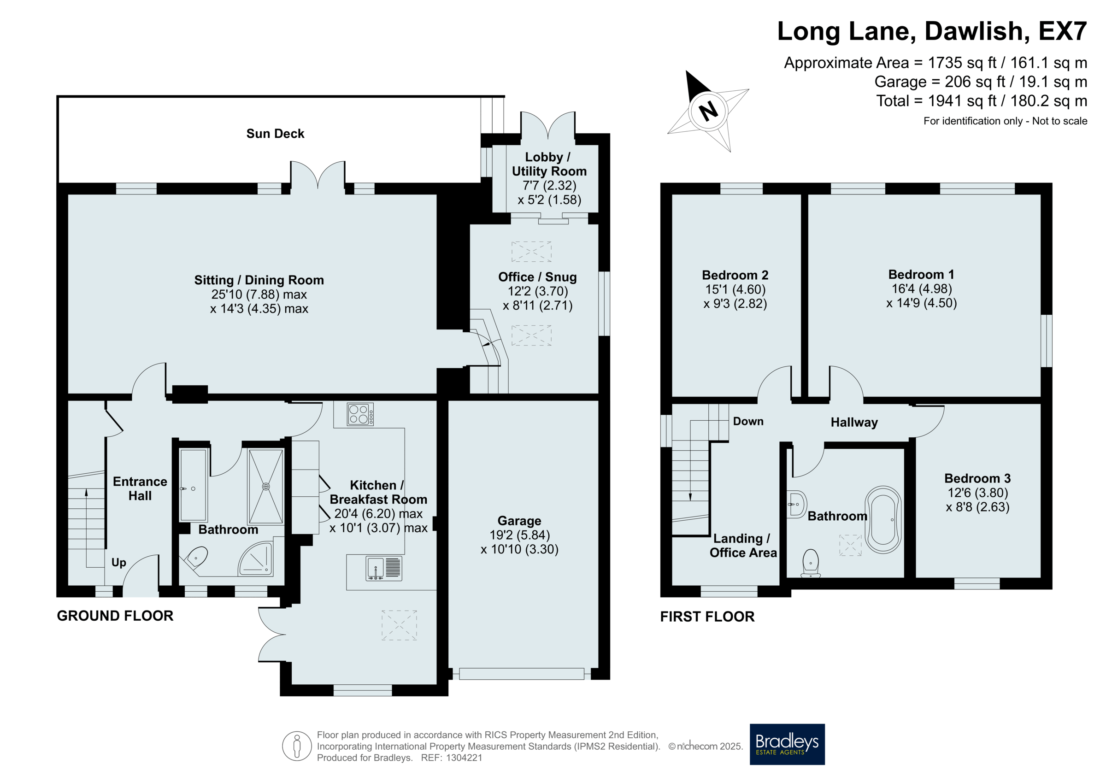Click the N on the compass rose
[x=708, y=112]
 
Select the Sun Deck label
[x=275, y=134]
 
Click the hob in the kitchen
[x=360, y=414]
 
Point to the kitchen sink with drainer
[x=383, y=568]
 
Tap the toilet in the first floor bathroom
[x=811, y=563]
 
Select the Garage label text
[x=519, y=521]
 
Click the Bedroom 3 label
[x=977, y=478]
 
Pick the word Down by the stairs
[x=748, y=421]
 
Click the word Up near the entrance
[x=118, y=563]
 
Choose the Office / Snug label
[x=537, y=277]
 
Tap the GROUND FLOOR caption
[x=115, y=616]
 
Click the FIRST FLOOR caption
[x=707, y=617]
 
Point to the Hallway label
[x=854, y=423]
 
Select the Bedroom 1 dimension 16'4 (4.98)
[x=922, y=288]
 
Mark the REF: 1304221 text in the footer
[x=451, y=758]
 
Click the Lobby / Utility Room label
[x=549, y=165]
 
